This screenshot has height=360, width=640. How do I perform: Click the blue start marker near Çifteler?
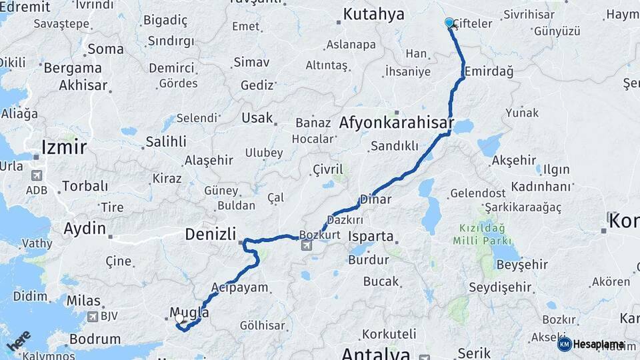coord(449,23)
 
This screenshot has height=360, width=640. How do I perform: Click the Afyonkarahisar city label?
coord(396,123)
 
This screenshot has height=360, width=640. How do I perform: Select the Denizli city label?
coord(211,234)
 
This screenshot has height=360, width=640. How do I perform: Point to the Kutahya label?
coord(373,14)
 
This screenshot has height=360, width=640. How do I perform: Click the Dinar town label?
coord(375,199)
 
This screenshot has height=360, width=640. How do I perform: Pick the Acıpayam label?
coord(239,288)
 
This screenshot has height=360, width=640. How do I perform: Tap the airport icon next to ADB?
coord(35,177)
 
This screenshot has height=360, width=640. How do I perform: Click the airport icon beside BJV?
coord(92,317)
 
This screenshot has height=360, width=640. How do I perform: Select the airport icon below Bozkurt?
coord(307,246)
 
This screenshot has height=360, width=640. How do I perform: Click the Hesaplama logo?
coord(591,344)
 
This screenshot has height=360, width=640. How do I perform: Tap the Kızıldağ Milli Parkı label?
coord(485,234)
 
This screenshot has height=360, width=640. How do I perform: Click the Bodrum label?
coord(95,339)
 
